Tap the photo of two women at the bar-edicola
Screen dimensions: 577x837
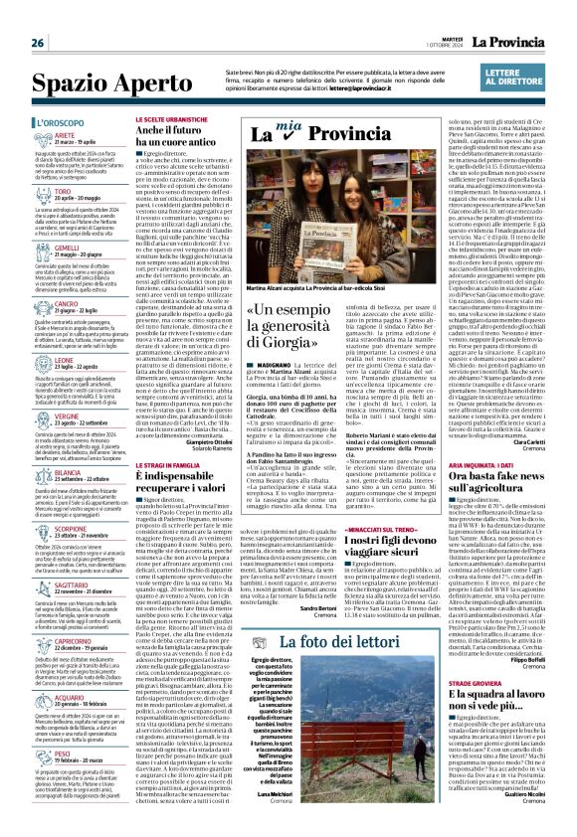[x=340, y=214]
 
